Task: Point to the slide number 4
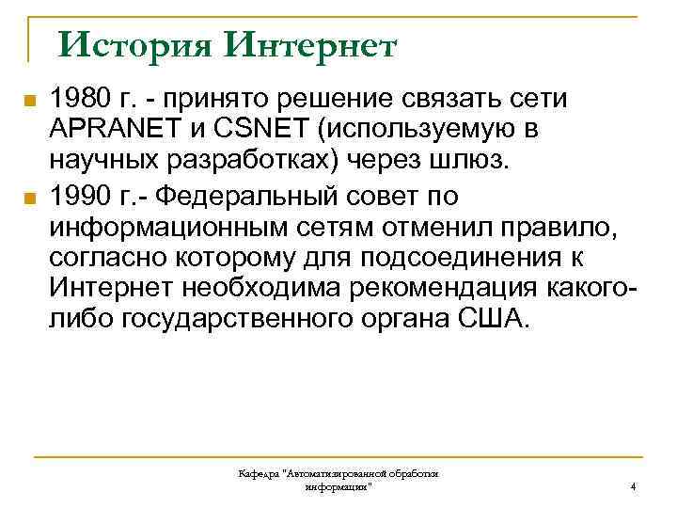pyautogui.click(x=633, y=487)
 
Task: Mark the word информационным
pyautogui.click(x=152, y=227)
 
